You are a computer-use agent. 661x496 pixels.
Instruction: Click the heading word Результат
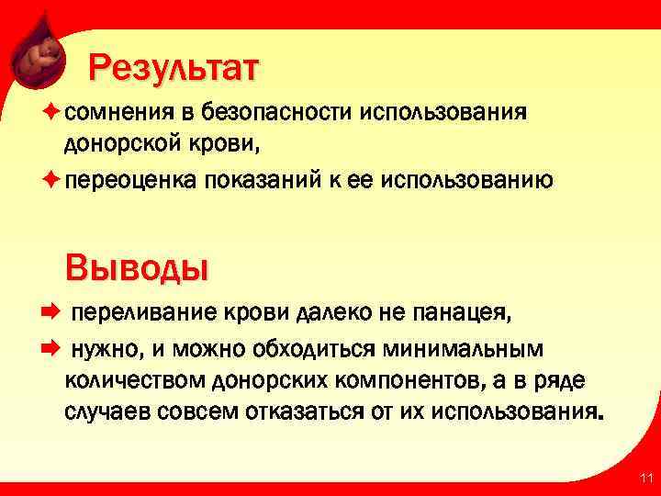174,68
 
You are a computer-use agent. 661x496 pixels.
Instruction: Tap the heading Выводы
137,268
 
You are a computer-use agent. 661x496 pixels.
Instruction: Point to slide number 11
645,478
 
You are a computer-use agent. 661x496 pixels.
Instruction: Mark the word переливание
136,313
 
